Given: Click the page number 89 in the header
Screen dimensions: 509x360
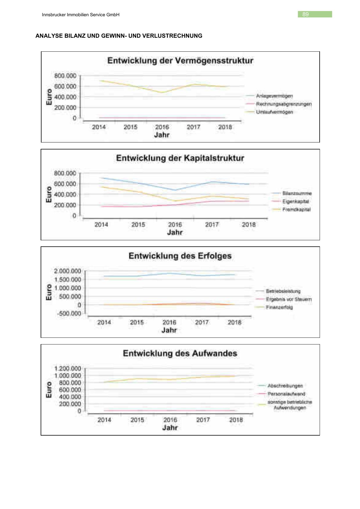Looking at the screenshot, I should click(305, 14).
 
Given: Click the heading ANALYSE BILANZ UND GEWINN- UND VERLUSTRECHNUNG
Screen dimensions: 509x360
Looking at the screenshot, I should click(119, 36).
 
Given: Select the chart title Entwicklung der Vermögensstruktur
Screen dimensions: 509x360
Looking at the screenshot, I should click(180, 61).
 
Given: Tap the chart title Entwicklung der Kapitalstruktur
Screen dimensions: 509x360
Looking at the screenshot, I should click(180, 158).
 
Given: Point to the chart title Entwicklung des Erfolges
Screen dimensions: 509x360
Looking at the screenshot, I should click(180, 256).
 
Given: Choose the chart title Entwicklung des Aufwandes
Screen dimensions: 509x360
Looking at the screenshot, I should click(180, 353).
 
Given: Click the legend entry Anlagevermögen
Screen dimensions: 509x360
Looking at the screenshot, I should click(274, 96).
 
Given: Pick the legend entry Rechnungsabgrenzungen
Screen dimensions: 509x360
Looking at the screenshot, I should click(284, 104).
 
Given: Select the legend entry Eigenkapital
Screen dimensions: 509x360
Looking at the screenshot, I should click(296, 201).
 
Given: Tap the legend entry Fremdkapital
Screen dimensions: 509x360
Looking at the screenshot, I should click(296, 210).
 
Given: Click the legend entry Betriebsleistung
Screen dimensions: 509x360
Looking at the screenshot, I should click(283, 291).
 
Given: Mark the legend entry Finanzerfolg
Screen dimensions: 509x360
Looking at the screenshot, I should click(279, 307).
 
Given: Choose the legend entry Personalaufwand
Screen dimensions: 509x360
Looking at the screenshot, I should click(286, 394).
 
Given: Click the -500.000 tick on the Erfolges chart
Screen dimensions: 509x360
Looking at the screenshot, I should click(69, 313).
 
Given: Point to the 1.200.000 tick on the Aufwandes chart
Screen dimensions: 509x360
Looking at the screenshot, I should click(68, 369).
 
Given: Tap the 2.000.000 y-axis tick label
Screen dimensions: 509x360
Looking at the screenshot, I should click(68, 271).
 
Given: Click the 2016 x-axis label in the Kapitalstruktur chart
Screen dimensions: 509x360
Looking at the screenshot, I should click(175, 225).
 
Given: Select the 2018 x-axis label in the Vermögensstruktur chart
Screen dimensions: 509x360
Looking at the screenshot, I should click(225, 127).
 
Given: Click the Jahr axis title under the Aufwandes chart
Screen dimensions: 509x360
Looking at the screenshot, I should click(170, 427).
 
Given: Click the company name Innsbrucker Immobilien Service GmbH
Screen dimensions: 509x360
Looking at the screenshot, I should click(81, 15).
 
